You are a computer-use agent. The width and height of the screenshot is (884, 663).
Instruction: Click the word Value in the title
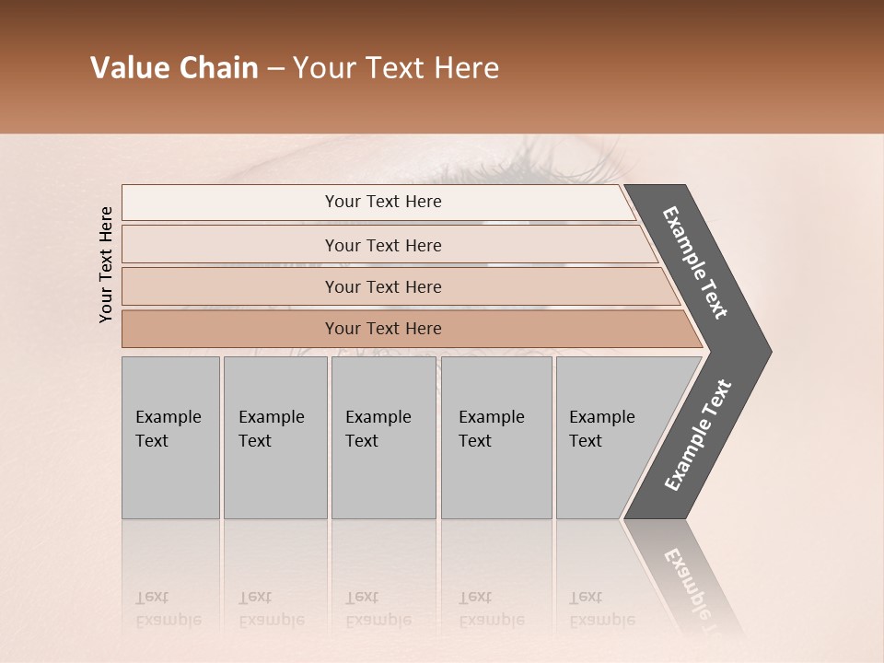tap(128, 68)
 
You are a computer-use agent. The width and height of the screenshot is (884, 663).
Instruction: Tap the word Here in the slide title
tap(466, 68)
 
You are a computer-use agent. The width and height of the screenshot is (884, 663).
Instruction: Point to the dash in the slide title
tap(275, 69)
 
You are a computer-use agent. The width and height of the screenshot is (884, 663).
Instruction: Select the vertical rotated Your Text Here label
tap(106, 264)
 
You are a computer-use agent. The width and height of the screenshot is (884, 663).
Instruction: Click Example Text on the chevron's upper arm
tap(695, 262)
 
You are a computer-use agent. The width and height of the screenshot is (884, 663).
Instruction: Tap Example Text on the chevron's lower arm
tap(698, 435)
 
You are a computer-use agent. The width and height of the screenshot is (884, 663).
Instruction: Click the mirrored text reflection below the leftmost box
tap(168, 609)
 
